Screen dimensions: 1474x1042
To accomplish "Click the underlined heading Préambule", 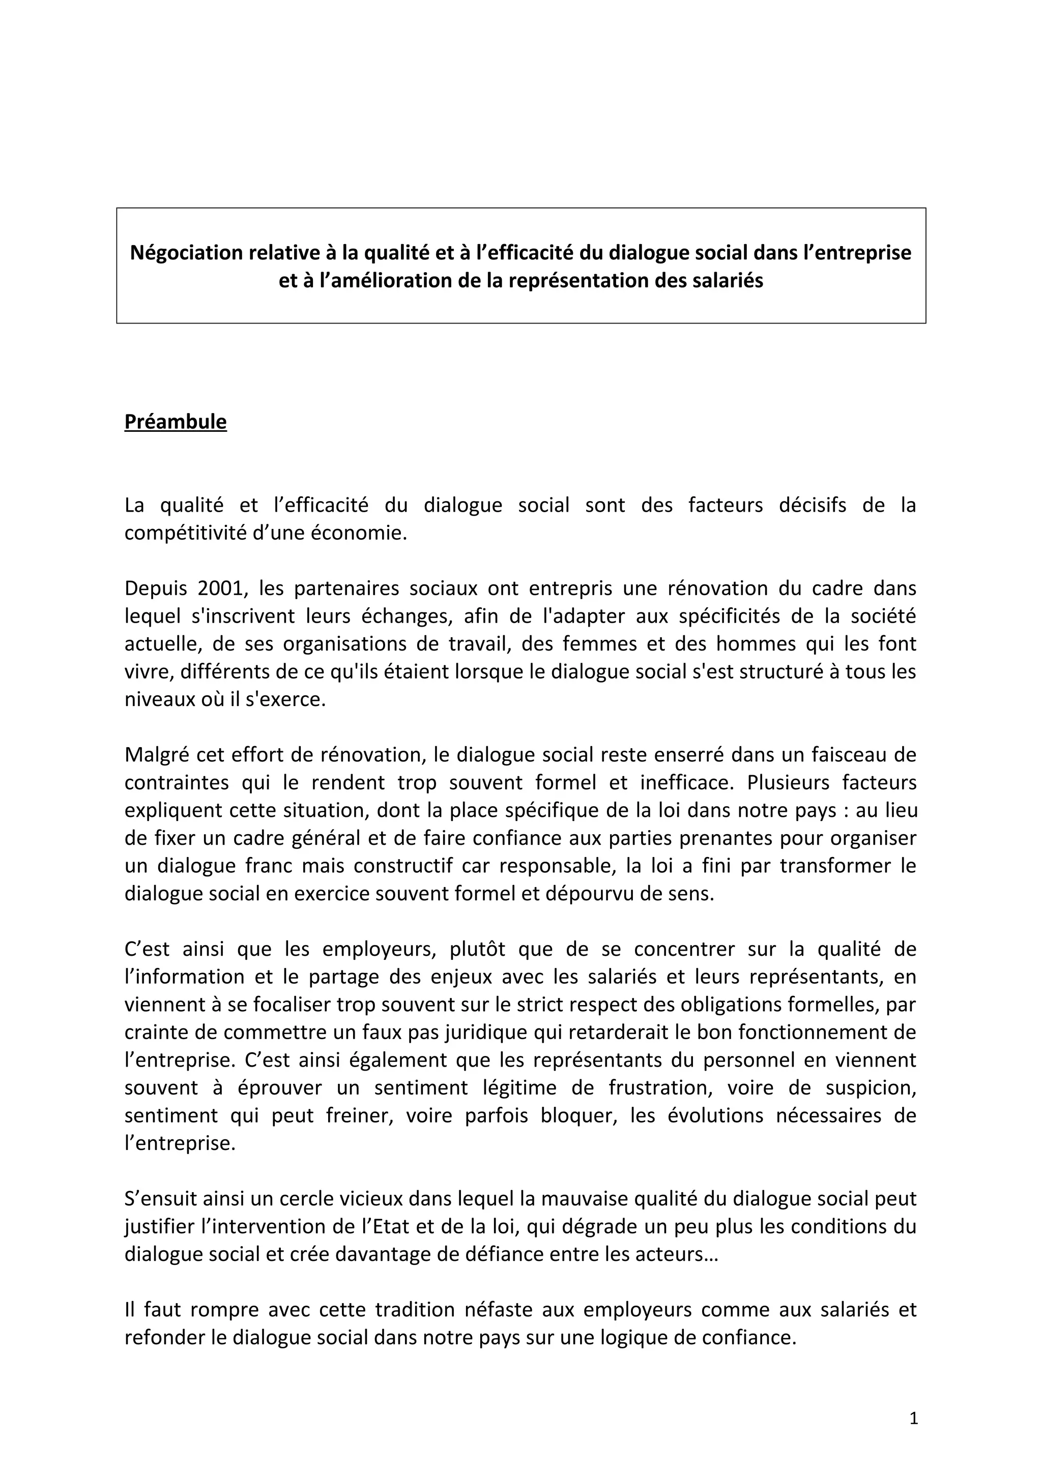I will tap(175, 422).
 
